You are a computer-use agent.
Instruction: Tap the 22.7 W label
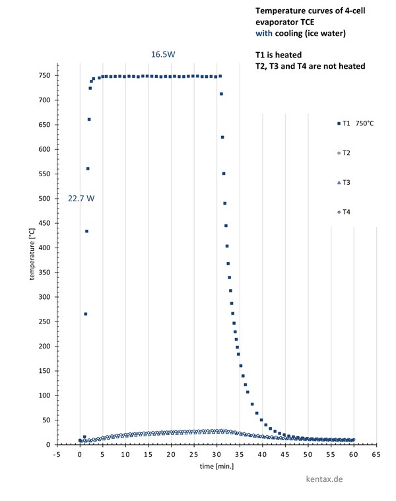81,198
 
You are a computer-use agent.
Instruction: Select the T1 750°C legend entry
355,123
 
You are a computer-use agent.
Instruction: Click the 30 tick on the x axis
216,455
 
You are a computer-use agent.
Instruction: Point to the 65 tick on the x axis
376,455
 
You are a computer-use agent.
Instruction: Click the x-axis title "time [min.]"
216,466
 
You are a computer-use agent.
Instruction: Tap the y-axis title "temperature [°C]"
31,254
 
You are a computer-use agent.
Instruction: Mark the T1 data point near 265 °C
85,314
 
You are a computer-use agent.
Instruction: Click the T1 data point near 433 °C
86,231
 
